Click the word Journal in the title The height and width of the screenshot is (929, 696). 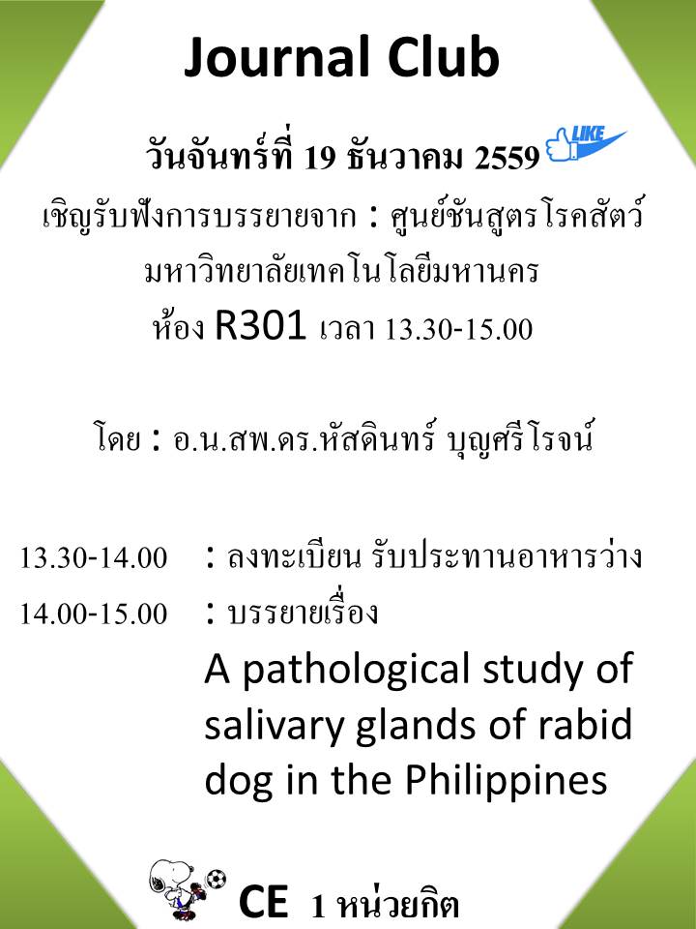277,58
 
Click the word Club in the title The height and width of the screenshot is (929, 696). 444,57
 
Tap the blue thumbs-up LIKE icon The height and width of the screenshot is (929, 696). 585,144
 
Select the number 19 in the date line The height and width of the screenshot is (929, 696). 320,158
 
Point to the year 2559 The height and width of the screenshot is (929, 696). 507,158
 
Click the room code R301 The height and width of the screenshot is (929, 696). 260,326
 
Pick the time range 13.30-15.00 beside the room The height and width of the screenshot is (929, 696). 458,329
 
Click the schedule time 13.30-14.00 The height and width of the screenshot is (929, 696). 94,558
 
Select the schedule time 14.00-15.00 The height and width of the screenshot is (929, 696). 94,614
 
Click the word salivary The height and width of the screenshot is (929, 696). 274,727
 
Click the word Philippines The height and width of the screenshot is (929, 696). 506,782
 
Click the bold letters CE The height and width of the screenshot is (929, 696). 264,901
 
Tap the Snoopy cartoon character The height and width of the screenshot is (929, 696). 176,887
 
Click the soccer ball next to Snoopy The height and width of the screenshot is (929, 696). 216,880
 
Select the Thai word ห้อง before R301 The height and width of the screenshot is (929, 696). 178,327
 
